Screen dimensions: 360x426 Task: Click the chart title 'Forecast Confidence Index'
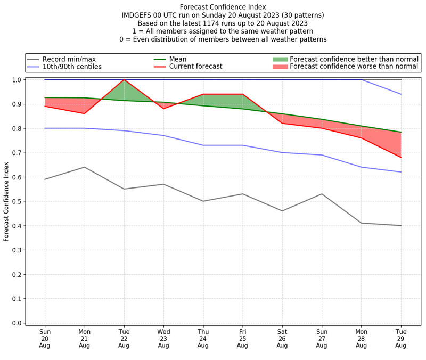tap(223, 7)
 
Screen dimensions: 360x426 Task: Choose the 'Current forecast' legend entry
tap(195, 67)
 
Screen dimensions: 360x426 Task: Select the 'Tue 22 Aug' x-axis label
tap(124, 339)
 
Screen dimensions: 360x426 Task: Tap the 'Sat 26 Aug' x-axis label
tap(282, 339)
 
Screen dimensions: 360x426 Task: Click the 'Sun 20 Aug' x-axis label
tap(45, 339)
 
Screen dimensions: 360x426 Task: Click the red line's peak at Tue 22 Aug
tap(124, 80)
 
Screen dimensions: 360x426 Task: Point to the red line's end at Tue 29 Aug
tap(401, 158)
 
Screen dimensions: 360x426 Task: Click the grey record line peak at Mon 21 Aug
tap(84, 167)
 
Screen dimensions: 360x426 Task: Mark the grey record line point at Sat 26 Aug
tap(282, 211)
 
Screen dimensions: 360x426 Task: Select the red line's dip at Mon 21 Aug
tap(84, 113)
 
